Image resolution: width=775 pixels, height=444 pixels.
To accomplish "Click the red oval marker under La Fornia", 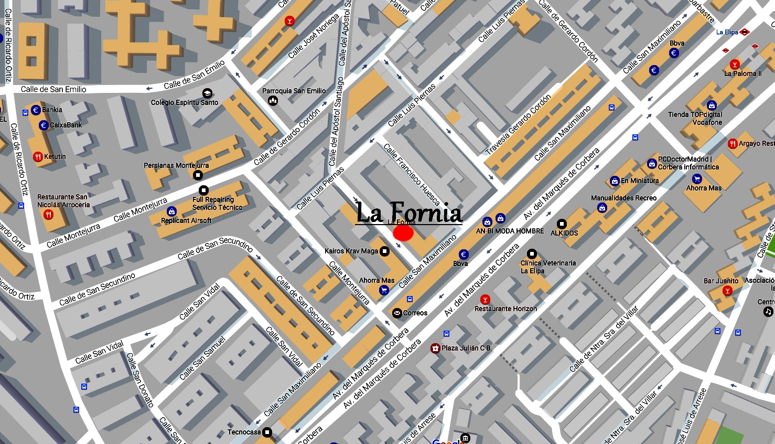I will (403, 233).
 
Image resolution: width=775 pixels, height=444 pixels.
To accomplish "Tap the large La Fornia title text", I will (408, 213).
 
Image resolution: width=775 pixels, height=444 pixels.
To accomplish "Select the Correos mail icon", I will (397, 313).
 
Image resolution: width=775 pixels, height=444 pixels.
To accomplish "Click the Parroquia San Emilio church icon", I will (273, 100).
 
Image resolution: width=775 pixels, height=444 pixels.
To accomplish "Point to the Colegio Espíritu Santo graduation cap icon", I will (207, 93).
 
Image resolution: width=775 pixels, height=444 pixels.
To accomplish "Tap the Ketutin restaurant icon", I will (38, 156).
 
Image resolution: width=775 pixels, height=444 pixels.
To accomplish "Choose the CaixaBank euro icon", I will (44, 125).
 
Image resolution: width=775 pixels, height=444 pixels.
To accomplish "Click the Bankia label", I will (52, 110).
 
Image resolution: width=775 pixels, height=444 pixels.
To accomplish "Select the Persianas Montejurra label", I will (176, 165).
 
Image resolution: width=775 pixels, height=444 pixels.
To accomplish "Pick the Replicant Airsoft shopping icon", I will (171, 212).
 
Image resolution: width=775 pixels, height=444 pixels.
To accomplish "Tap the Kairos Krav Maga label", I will (351, 251).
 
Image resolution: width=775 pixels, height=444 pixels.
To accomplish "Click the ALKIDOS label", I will (564, 233).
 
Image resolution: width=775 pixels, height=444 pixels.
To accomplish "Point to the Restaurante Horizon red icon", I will (485, 300).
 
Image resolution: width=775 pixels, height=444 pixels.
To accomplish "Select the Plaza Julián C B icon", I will (435, 348).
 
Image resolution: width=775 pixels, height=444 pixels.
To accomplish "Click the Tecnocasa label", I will (244, 432).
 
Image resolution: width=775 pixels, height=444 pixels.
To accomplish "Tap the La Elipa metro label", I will (727, 32).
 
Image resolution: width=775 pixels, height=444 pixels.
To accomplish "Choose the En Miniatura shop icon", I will (615, 181).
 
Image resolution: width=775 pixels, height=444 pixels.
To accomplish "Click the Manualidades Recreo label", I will (623, 198).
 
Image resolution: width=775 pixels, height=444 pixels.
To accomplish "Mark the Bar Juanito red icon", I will (727, 291).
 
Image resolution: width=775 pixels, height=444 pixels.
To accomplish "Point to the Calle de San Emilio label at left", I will (53, 89).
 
